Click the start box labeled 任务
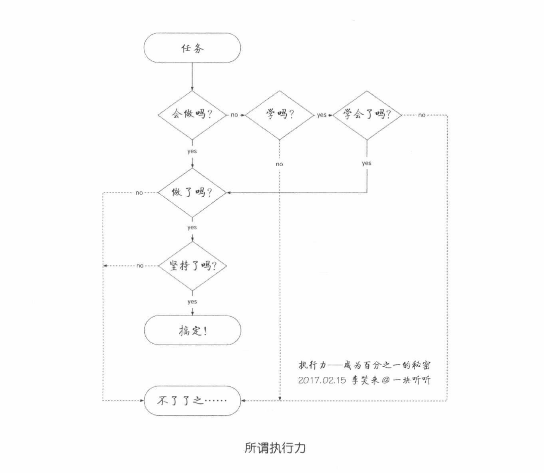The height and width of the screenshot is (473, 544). tap(192, 48)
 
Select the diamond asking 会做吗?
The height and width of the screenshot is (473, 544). tap(192, 115)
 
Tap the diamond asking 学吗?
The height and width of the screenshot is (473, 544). tap(280, 115)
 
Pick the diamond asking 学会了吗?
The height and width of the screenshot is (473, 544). tap(367, 115)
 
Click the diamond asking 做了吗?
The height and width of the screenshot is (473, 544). tap(192, 193)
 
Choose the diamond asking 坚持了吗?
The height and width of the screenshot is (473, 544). tap(192, 266)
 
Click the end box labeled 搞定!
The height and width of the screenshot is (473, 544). tap(192, 330)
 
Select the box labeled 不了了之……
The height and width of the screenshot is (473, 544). tap(192, 401)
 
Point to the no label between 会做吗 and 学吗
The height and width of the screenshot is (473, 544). tap(234, 115)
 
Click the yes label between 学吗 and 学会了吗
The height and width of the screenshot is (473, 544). tap(322, 115)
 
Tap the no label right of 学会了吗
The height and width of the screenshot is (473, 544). tap(422, 115)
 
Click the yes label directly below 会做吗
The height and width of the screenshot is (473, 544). tap(192, 151)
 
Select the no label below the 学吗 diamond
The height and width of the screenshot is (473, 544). tap(280, 164)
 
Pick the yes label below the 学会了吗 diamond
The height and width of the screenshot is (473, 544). tap(366, 163)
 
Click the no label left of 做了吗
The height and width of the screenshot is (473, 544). tap(139, 193)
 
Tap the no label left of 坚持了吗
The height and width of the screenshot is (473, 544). tap(140, 266)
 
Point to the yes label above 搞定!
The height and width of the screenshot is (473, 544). tap(192, 302)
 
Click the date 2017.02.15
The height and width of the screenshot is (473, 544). tap(322, 380)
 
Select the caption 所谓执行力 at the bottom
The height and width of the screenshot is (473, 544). tap(275, 448)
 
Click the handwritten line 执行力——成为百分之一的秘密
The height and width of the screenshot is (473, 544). tap(364, 365)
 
